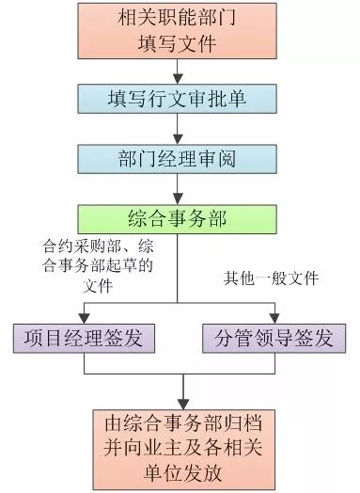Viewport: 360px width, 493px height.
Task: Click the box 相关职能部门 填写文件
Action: (177, 31)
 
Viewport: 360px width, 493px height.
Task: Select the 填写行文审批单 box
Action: (177, 99)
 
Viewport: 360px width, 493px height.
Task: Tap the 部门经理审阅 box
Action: (177, 159)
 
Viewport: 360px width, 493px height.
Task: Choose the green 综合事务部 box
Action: (177, 219)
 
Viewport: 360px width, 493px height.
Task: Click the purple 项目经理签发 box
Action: (84, 339)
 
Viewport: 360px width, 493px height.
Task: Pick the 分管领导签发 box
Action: (274, 339)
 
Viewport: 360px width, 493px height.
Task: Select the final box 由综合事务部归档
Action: (184, 450)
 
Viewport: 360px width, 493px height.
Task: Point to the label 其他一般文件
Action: (272, 278)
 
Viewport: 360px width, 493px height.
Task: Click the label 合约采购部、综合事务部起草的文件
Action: (98, 266)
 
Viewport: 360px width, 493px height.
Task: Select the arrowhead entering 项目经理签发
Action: (84, 319)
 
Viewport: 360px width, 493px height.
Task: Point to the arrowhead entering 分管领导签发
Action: (274, 319)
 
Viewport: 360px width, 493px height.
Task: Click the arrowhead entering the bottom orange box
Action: (183, 405)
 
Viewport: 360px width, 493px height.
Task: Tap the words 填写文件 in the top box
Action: (177, 43)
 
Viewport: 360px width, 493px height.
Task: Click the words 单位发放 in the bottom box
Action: (183, 473)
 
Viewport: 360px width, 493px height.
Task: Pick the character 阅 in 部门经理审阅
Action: (227, 159)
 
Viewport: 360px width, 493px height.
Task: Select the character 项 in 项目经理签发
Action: (34, 339)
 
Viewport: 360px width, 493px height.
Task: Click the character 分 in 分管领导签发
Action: (225, 339)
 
